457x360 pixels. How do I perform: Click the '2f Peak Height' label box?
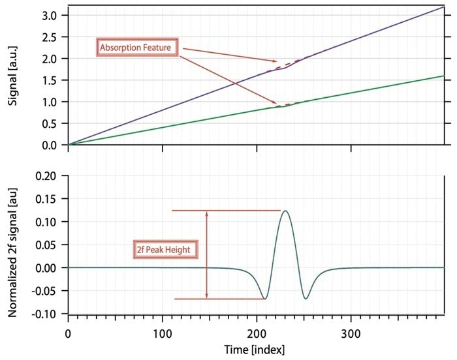[x=164, y=248]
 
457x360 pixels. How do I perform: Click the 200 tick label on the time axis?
[x=257, y=332]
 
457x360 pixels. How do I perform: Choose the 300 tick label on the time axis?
[x=351, y=332]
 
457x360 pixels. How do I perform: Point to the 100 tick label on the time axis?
[x=163, y=332]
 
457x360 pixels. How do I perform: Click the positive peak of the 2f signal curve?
[x=285, y=211]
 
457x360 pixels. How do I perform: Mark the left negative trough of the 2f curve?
[x=265, y=299]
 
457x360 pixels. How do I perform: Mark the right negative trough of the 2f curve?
[x=306, y=299]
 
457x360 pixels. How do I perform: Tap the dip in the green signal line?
[x=284, y=106]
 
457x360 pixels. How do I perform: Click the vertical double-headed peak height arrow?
[x=206, y=254]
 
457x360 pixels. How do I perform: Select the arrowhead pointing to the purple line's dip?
[x=276, y=61]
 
